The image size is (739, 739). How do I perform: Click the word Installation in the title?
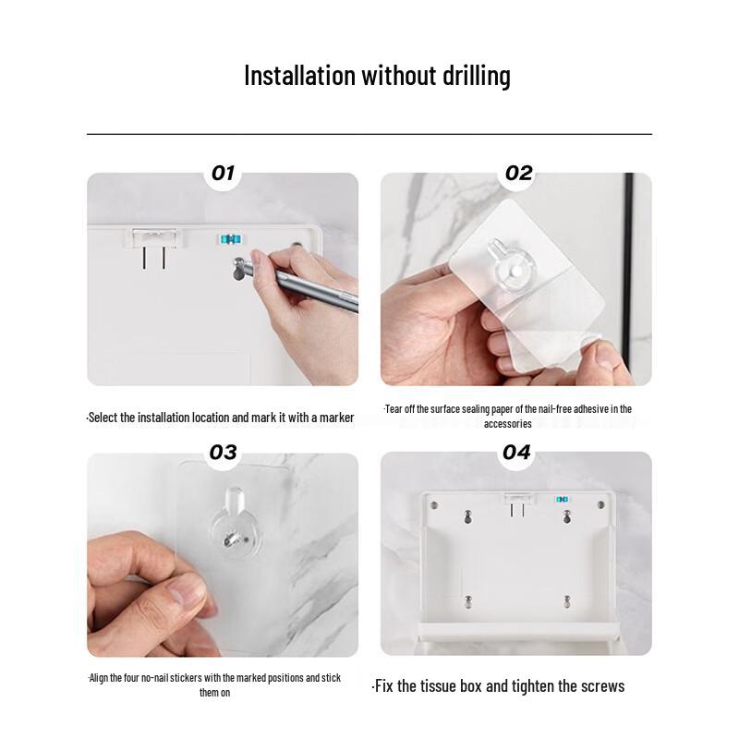298,76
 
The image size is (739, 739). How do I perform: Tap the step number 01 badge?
224,173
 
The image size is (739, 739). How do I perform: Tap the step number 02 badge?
518,173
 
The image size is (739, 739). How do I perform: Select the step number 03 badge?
224,452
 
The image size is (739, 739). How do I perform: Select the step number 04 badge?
516,452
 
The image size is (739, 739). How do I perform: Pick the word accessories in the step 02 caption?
507,424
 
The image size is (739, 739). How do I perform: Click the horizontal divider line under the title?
369,134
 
